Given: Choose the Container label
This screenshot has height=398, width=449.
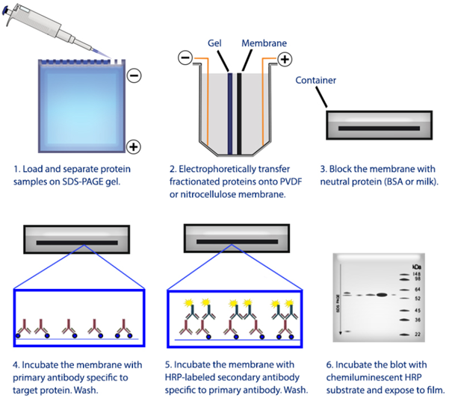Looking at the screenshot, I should (x=315, y=79).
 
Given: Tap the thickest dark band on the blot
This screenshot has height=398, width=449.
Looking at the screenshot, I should (x=383, y=295).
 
